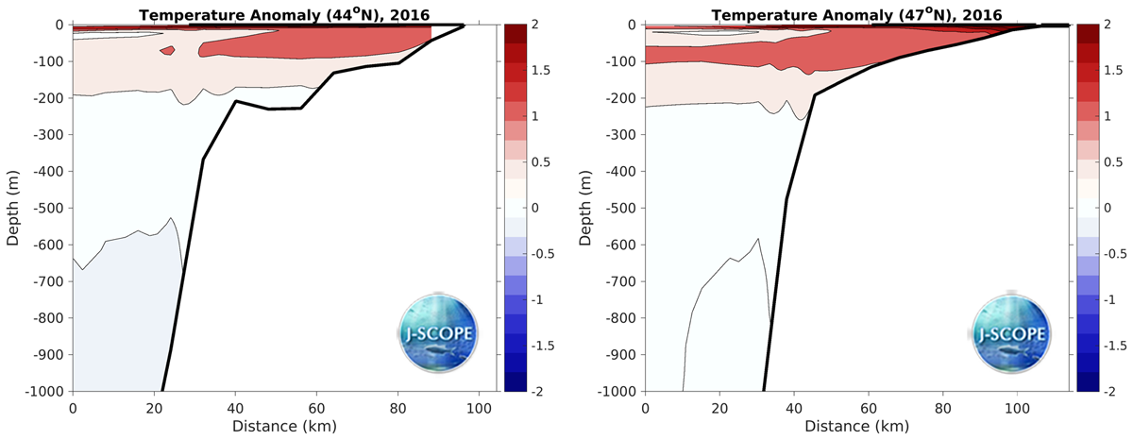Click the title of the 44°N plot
pyautogui.click(x=283, y=14)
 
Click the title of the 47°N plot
pyautogui.click(x=856, y=14)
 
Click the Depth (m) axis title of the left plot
pyautogui.click(x=13, y=207)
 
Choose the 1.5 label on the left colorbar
pyautogui.click(x=538, y=71)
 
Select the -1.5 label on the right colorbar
pyautogui.click(x=1110, y=346)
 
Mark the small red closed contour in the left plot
pyautogui.click(x=167, y=50)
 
